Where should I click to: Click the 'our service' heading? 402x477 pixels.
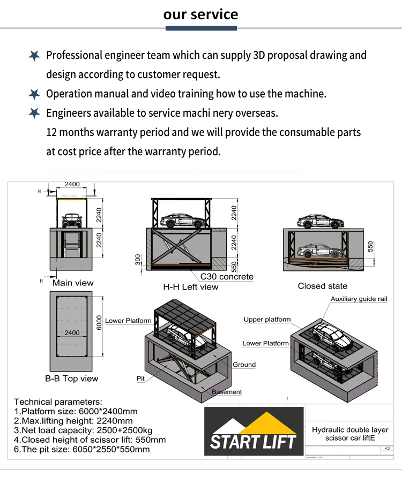[200, 14]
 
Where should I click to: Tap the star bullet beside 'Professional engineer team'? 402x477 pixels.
[34, 56]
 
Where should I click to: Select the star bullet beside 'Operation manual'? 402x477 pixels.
[34, 94]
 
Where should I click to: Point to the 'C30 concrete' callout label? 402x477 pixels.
[227, 277]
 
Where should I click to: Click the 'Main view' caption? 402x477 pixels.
[72, 283]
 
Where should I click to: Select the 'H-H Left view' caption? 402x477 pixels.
[191, 287]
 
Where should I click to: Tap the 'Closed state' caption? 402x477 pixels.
[323, 286]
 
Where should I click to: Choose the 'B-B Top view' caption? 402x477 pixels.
[72, 378]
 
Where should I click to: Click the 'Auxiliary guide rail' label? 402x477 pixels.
[359, 299]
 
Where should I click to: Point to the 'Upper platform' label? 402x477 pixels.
[267, 320]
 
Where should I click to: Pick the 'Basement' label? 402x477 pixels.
[227, 392]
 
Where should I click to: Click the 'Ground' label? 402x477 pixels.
[244, 365]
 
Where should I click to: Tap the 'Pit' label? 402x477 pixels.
[140, 378]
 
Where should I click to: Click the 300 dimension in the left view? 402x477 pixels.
[138, 260]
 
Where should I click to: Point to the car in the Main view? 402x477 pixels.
[72, 219]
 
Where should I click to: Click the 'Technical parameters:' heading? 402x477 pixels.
[58, 402]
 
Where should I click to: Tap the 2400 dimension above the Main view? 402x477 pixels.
[72, 184]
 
